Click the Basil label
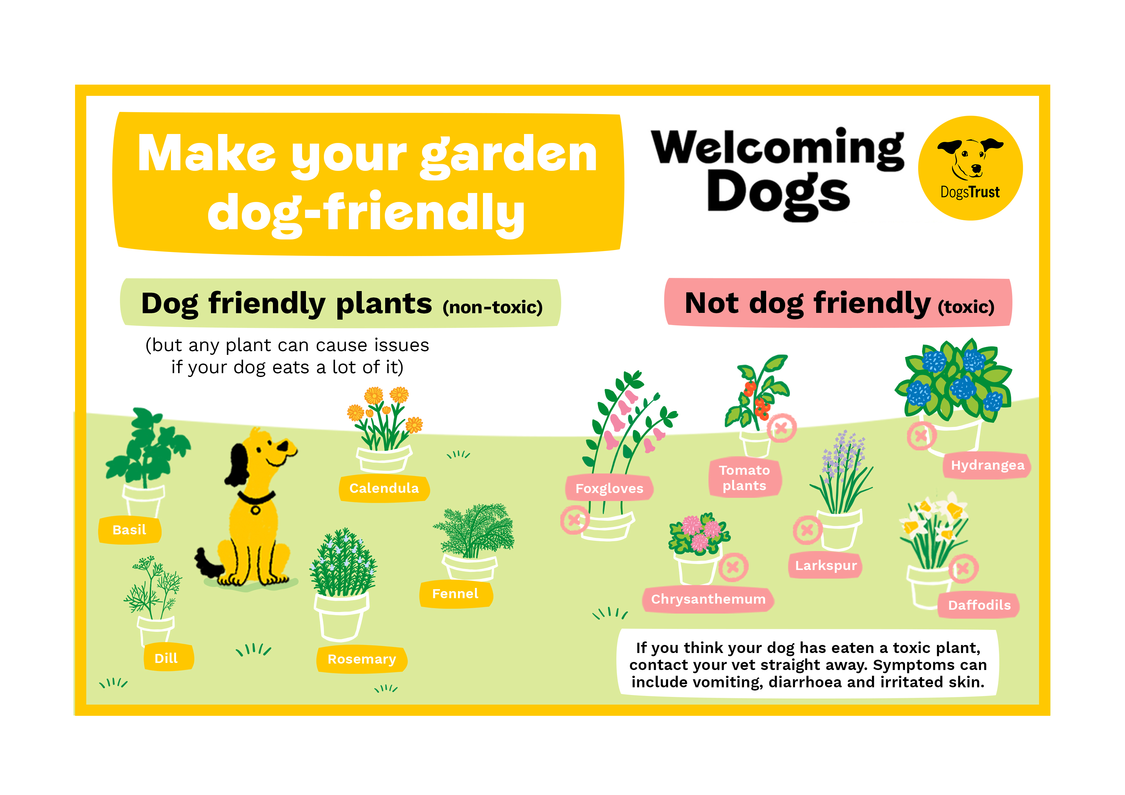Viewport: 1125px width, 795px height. (x=129, y=530)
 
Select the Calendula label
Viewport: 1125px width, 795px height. (x=384, y=488)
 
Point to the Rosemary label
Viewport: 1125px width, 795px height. (x=362, y=659)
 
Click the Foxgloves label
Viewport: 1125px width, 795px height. (x=609, y=488)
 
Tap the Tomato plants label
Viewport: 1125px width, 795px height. (x=744, y=478)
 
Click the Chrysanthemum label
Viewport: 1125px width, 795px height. (x=708, y=599)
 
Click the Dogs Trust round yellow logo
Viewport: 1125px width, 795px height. (x=970, y=168)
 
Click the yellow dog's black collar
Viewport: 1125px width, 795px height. (x=256, y=499)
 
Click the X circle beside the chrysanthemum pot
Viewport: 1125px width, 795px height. (x=733, y=567)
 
